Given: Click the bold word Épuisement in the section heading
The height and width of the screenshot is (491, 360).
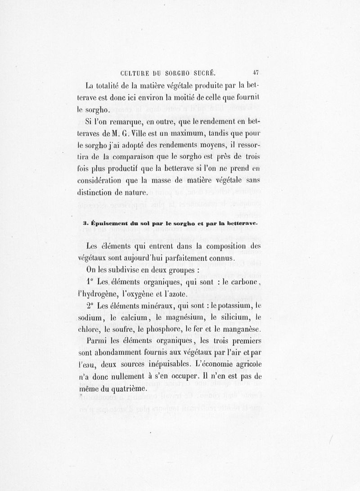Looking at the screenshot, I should [x=109, y=223].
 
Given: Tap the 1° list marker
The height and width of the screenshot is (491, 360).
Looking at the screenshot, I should [x=89, y=281].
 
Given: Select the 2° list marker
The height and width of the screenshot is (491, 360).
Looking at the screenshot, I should [x=90, y=305].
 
